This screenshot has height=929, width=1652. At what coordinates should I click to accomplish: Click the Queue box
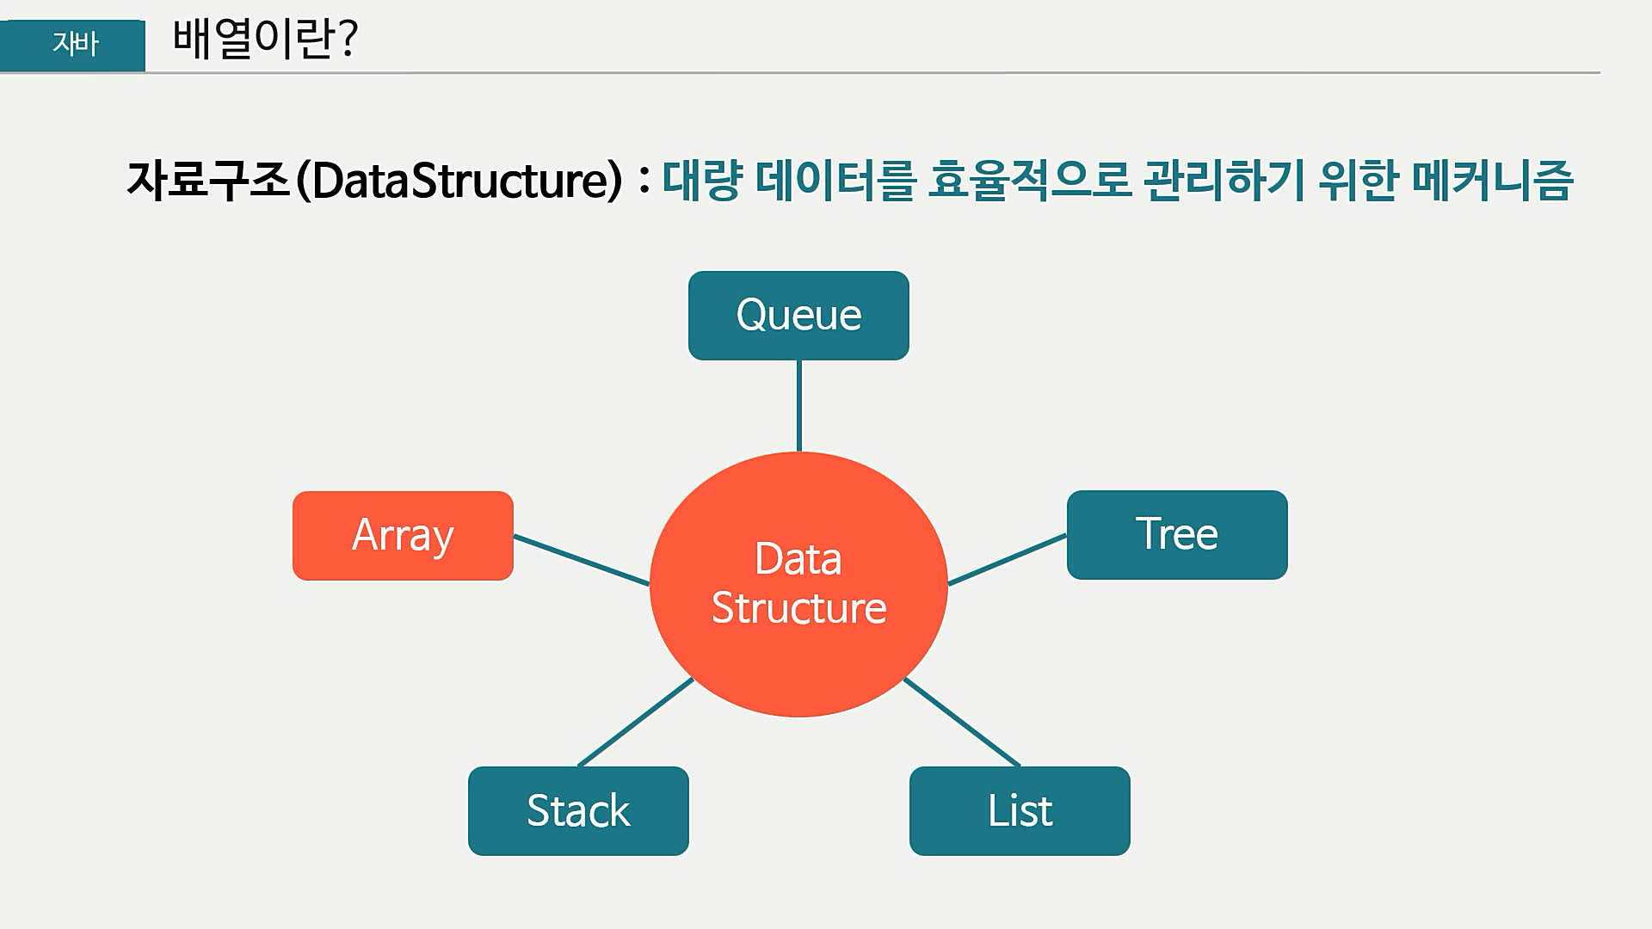pyautogui.click(x=798, y=316)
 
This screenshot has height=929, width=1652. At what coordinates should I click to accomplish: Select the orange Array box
pyautogui.click(x=403, y=536)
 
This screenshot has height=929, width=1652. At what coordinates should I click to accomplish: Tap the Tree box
pyautogui.click(x=1177, y=535)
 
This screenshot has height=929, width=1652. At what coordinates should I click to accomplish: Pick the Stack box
pyautogui.click(x=578, y=811)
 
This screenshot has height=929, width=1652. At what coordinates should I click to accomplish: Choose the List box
pyautogui.click(x=1020, y=811)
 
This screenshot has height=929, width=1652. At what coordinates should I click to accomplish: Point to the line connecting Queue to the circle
pyautogui.click(x=799, y=405)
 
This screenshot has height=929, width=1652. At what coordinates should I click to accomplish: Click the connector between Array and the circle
pyautogui.click(x=582, y=560)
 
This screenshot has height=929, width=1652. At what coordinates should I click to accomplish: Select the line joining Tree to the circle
pyautogui.click(x=1007, y=560)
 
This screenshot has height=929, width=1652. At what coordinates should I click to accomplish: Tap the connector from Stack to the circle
pyautogui.click(x=636, y=723)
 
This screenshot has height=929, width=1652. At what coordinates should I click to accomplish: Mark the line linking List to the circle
pyautogui.click(x=962, y=723)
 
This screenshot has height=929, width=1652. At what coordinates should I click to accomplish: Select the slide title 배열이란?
pyautogui.click(x=265, y=39)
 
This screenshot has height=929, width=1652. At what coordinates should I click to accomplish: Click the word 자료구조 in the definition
pyautogui.click(x=208, y=181)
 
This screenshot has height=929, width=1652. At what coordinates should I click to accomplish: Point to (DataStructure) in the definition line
pyautogui.click(x=459, y=181)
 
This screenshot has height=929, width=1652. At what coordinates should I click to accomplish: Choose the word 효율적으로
pyautogui.click(x=1029, y=181)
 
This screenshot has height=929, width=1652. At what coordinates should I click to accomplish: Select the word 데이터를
pyautogui.click(x=833, y=181)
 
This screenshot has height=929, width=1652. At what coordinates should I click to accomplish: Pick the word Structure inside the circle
pyautogui.click(x=798, y=608)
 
